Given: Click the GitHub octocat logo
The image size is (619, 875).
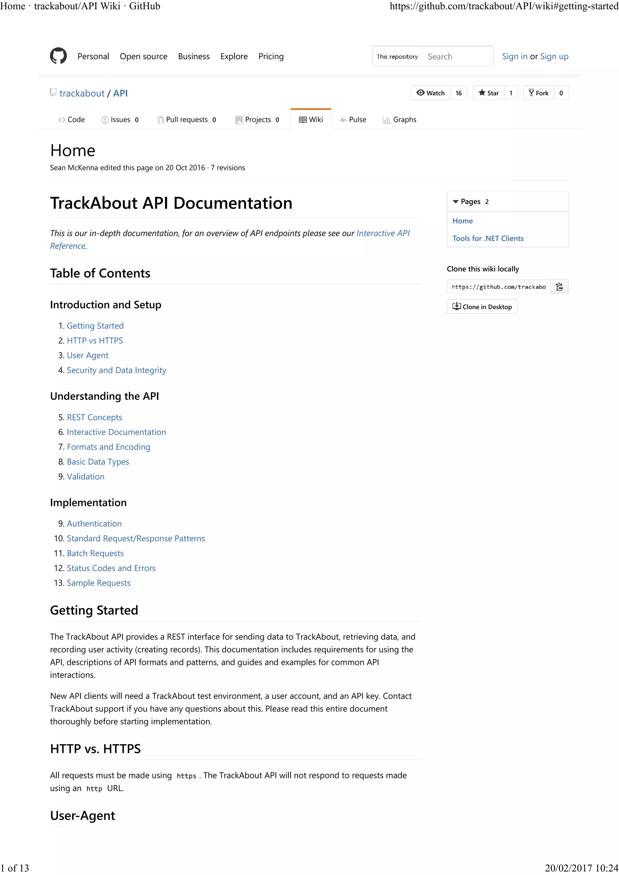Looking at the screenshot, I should pos(58,56).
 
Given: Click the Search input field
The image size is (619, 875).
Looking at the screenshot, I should pos(457,57).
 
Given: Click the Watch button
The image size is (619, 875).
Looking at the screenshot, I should pos(431,93).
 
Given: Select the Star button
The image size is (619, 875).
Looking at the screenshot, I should pos(489,93).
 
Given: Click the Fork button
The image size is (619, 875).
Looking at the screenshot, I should pos(539,93).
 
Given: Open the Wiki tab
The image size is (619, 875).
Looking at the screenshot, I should pos(311,120).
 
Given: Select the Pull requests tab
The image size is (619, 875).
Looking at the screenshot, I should pos(187,120).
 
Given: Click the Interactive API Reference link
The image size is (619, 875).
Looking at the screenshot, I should pos(383,233).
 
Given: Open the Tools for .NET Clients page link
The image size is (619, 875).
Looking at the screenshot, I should pos(488,238).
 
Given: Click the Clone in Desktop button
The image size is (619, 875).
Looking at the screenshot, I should pos(482,307).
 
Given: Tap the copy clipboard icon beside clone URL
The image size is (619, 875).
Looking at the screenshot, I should pos(559,287).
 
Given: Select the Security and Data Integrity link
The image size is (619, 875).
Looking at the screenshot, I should pos(116,370).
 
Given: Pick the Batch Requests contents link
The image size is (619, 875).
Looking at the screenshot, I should pos(95,553).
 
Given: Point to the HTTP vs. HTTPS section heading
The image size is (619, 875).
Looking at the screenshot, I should pos(95,749).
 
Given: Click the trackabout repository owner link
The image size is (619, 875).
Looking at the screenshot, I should pos(82,93).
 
